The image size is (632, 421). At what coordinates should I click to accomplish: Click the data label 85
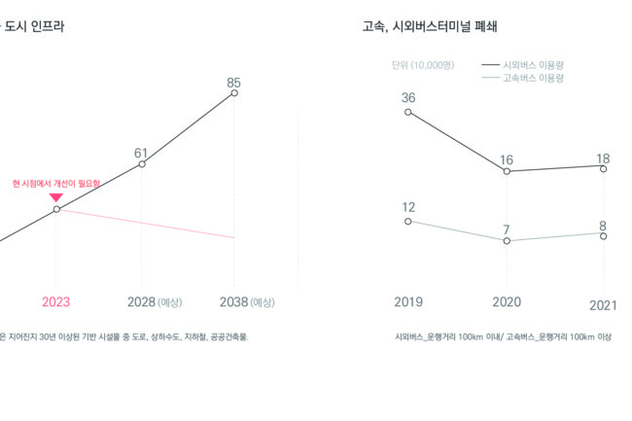[233, 83]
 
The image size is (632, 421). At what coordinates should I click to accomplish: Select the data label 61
[141, 153]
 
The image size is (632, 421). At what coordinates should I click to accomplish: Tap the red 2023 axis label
[55, 302]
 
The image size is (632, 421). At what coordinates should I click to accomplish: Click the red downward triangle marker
[55, 197]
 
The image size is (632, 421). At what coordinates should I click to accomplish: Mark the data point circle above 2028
[142, 164]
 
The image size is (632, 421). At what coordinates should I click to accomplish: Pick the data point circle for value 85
[233, 94]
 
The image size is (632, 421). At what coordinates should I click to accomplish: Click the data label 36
[408, 97]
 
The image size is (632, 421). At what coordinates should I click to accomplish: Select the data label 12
[408, 207]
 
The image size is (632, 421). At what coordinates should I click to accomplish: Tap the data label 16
[507, 159]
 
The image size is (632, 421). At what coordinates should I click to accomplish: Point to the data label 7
[507, 229]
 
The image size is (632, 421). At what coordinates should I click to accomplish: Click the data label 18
[603, 158]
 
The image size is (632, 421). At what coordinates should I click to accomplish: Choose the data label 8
[603, 226]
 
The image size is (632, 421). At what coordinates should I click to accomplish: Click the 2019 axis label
[408, 302]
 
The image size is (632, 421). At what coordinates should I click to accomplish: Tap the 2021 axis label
[604, 304]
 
